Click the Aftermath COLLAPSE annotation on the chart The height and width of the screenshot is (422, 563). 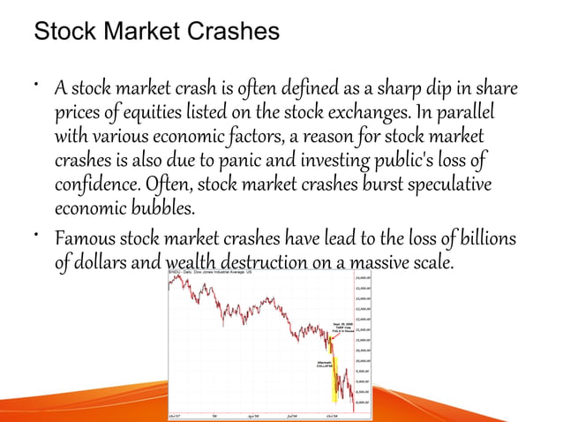point(324,365)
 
